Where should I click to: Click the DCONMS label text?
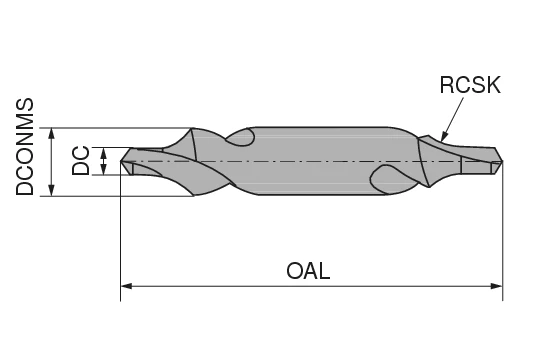pyautogui.click(x=26, y=146)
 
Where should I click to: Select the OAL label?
pyautogui.click(x=308, y=271)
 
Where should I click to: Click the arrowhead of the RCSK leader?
pyautogui.click(x=441, y=136)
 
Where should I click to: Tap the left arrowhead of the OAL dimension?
pyautogui.click(x=127, y=287)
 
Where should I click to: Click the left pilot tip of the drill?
pyautogui.click(x=126, y=161)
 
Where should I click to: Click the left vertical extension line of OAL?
pyautogui.click(x=121, y=240)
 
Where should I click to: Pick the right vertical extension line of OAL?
pyautogui.click(x=503, y=240)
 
